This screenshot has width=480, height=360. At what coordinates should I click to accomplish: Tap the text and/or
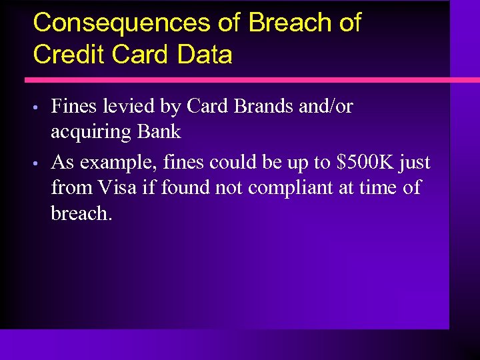(323, 106)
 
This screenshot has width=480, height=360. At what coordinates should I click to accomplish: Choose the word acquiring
(91, 132)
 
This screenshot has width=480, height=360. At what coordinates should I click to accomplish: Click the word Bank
(159, 131)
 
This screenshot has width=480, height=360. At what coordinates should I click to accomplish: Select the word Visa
(118, 187)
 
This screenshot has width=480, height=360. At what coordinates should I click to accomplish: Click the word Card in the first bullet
(207, 106)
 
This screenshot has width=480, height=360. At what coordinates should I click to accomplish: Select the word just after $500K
(415, 163)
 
